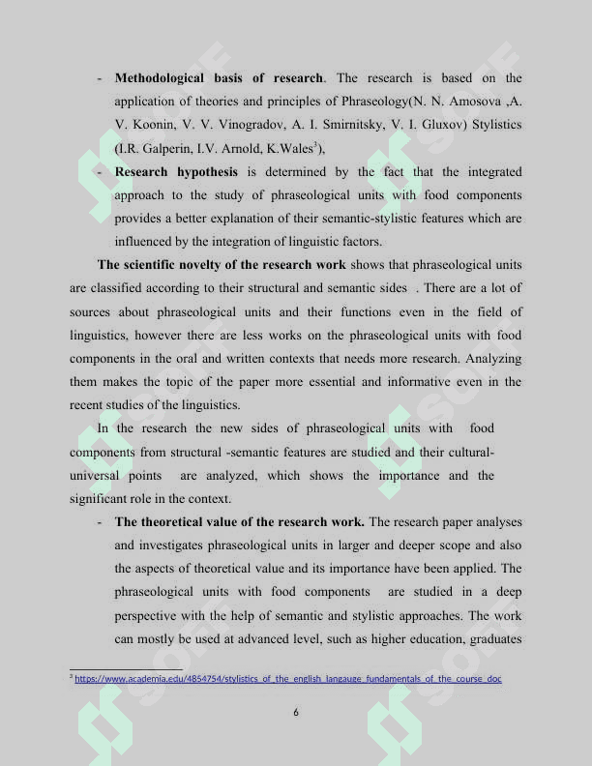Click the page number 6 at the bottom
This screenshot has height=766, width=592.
pos(296,713)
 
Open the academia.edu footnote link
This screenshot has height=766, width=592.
pos(288,679)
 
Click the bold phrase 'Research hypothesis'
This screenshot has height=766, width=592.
pos(176,172)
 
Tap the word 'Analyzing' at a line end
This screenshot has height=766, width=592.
pos(493,359)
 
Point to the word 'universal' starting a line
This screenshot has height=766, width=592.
pos(95,476)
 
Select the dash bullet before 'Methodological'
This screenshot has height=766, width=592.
pos(101,77)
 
